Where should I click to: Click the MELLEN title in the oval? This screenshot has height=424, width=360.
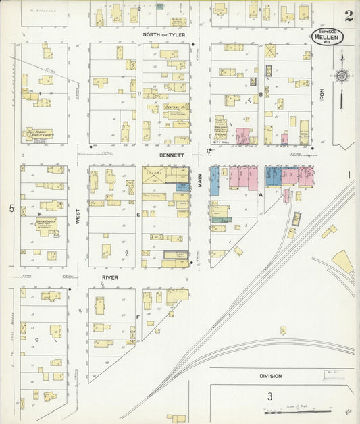point(328,37)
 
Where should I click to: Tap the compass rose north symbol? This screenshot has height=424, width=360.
point(342,76)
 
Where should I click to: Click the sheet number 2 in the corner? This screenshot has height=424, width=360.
point(349,16)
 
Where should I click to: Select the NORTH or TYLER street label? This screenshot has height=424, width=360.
point(163,35)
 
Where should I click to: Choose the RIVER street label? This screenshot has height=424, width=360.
point(110,277)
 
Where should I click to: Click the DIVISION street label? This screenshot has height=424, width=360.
point(270,376)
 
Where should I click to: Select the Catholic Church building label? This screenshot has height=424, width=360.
point(40,134)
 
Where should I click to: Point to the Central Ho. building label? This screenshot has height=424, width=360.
point(176,107)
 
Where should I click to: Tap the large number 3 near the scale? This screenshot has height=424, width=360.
point(269,396)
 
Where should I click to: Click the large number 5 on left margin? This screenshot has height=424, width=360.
point(11,208)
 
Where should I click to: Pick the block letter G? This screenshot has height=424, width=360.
point(36,340)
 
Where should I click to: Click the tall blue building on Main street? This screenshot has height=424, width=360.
point(214,181)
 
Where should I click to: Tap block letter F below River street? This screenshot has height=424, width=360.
point(138,316)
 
